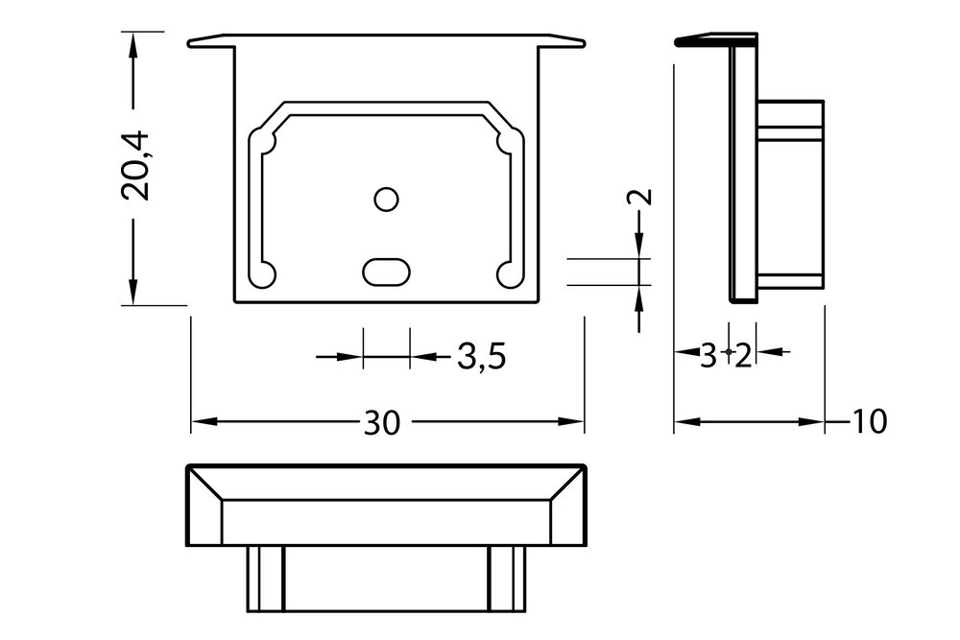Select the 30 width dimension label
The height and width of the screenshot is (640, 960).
(381, 422)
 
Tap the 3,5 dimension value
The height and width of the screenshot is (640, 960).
(481, 358)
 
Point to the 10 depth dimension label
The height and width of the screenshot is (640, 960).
(868, 421)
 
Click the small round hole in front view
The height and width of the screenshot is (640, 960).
(386, 199)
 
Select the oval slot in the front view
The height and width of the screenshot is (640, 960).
(387, 271)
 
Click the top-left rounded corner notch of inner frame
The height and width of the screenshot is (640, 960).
(263, 142)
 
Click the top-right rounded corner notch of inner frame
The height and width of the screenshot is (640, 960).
(509, 142)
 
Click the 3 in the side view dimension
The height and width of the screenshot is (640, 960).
(708, 357)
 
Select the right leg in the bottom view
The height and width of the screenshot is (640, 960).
(506, 578)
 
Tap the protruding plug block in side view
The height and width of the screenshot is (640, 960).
(791, 192)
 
